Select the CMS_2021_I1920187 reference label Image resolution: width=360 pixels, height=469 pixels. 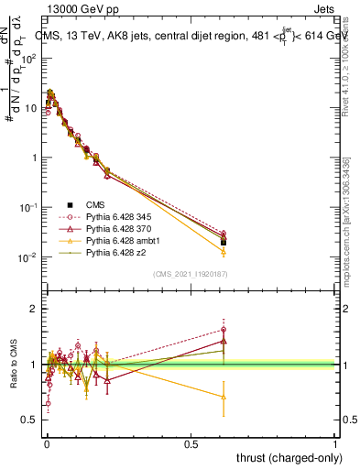click(191, 274)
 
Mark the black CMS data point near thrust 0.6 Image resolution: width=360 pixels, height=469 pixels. click(224, 243)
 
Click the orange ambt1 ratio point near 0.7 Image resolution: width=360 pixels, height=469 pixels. click(224, 397)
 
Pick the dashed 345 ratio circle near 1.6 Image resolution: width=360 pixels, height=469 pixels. click(224, 330)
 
